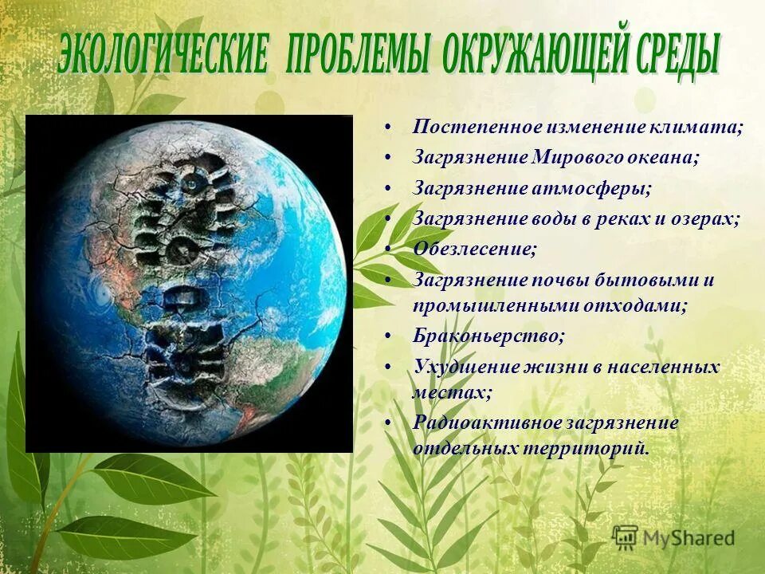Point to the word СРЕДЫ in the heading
click(x=668, y=54)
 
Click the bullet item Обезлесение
click(x=475, y=249)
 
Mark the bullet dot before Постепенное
click(x=386, y=128)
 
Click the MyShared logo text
click(x=690, y=538)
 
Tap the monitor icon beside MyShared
click(x=626, y=537)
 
